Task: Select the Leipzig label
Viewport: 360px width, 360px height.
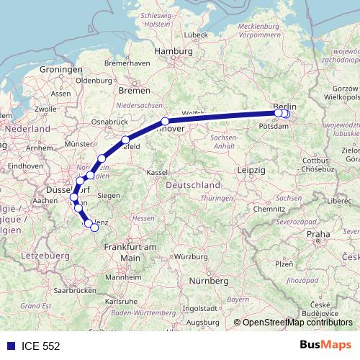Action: (252, 169)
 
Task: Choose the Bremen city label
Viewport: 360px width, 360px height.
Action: (135, 91)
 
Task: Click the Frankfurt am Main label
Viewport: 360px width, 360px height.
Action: (130, 251)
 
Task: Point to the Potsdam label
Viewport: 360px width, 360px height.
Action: (270, 125)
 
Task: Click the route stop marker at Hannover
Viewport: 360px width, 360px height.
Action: (165, 122)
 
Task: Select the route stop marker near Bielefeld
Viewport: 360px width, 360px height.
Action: (126, 140)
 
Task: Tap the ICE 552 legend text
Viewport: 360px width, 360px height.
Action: (40, 346)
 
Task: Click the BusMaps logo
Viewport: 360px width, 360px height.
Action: (326, 345)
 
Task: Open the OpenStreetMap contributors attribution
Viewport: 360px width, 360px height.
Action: (297, 323)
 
